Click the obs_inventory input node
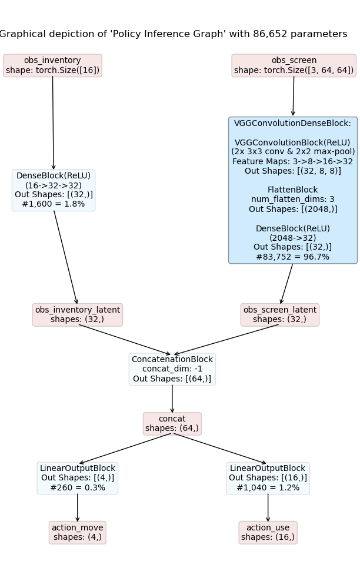point(52,65)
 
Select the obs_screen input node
point(294,65)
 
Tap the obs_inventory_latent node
point(78,314)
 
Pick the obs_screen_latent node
point(279,314)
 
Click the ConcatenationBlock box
point(172,369)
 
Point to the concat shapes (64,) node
point(172,423)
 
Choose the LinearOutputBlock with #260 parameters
point(78,477)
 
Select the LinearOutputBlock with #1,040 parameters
point(268,477)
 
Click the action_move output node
point(77,532)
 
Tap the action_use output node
point(268,532)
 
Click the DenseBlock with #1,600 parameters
point(54,190)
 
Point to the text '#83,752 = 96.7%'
point(292,257)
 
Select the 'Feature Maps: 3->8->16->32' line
point(292,161)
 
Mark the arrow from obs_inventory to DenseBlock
point(53,124)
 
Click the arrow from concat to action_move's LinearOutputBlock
point(125,449)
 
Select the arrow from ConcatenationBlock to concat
point(172,399)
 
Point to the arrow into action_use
point(268,507)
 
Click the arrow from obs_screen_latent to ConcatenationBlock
point(226,340)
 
